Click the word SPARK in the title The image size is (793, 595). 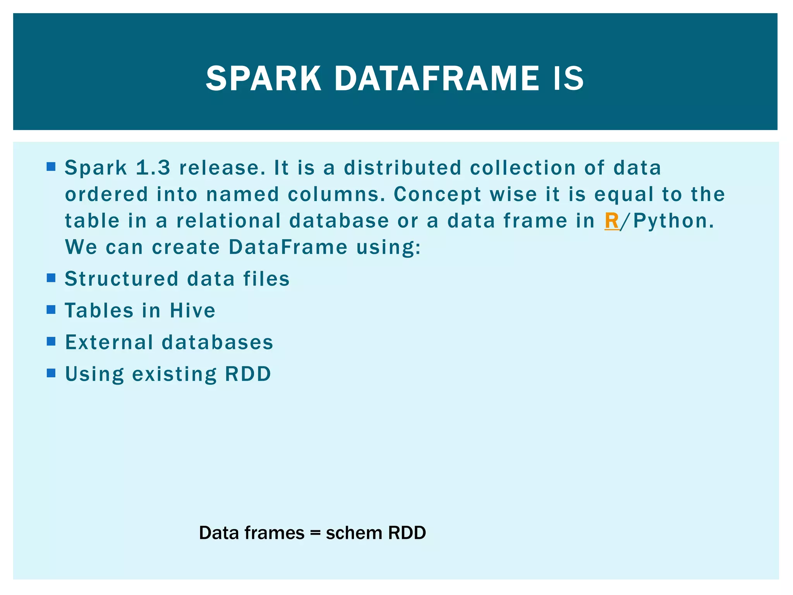(263, 79)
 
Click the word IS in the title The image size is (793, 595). (568, 79)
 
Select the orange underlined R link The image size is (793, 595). (611, 221)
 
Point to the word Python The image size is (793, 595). (673, 221)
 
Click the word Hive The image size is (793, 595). (192, 311)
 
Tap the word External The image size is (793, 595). (109, 342)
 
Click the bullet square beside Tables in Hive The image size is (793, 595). (51, 310)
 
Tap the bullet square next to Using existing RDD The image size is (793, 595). (51, 373)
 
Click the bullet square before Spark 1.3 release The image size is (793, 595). (51, 167)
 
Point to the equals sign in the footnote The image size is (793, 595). (315, 533)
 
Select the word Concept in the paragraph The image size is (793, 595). (437, 194)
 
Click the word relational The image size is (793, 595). (228, 221)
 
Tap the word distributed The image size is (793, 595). (403, 168)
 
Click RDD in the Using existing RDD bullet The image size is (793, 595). (248, 374)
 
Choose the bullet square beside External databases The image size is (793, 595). (51, 341)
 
